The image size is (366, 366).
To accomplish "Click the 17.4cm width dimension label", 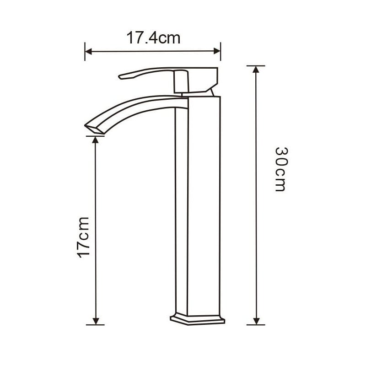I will click(x=153, y=38).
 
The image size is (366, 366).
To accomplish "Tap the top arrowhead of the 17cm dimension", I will click(x=96, y=140).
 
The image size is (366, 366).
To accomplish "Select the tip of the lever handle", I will click(x=121, y=77).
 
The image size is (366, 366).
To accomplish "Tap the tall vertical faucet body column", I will click(x=198, y=206).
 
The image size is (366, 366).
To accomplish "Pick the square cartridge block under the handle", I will click(x=181, y=82).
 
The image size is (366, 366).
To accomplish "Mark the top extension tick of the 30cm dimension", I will click(x=256, y=66).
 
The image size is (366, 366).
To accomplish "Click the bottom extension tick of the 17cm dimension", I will click(x=96, y=325).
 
